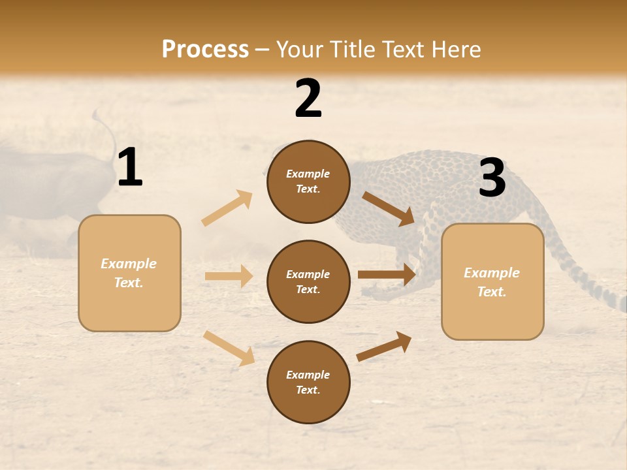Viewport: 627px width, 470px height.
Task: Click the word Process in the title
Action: point(205,49)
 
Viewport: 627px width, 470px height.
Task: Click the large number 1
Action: point(130,168)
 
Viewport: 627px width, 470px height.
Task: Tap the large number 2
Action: point(308,99)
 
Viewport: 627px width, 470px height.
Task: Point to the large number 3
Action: point(492,178)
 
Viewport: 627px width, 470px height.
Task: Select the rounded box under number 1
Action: point(129,273)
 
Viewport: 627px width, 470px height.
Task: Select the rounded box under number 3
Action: point(492,282)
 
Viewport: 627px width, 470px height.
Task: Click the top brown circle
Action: point(308,181)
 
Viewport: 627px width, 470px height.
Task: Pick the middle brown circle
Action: point(308,282)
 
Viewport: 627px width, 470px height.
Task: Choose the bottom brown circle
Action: point(308,383)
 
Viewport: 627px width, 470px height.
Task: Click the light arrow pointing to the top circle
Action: point(227,208)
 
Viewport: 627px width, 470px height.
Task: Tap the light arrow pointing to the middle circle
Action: point(229,276)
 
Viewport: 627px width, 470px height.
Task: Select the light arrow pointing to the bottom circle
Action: point(229,348)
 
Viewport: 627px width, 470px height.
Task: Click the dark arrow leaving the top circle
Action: point(388,208)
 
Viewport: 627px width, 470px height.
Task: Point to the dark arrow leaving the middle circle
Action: point(387,275)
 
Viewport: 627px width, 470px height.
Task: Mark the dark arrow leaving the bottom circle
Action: point(384,347)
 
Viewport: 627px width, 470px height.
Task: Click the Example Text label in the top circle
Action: point(308,181)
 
